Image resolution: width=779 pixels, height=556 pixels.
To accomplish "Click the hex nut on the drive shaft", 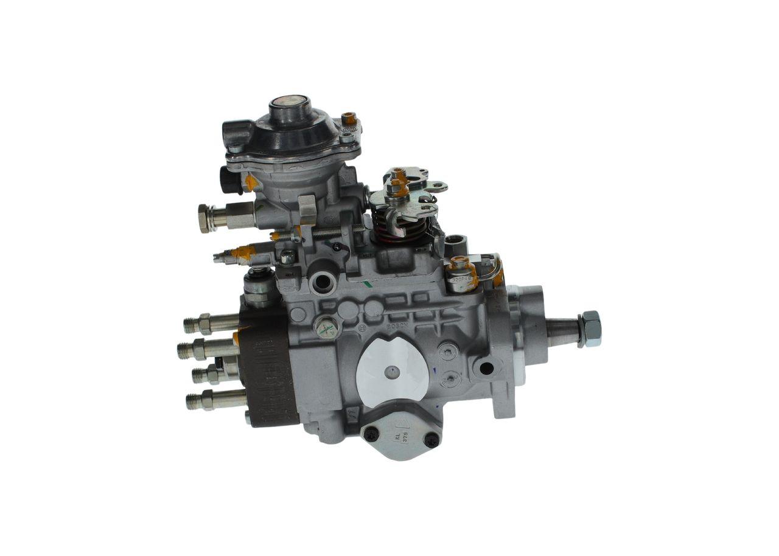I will click(x=590, y=328).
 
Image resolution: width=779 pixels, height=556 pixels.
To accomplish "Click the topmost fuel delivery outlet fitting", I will click(x=198, y=324).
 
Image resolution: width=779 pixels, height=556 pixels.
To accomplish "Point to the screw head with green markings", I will click(x=327, y=329).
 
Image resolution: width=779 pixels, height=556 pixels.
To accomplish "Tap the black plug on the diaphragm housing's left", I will click(x=228, y=179).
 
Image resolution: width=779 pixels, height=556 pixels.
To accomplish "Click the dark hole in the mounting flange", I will click(x=486, y=368).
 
